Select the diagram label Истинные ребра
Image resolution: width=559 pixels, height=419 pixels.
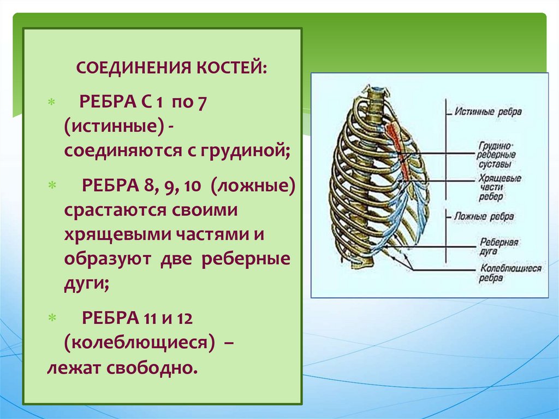487,111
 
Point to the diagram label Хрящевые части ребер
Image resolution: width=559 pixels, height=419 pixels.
498,187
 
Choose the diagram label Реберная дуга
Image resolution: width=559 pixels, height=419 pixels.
498,245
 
